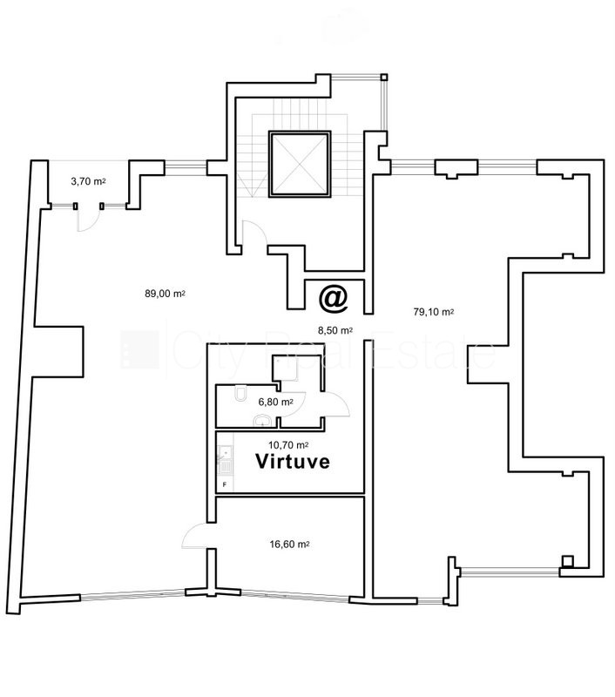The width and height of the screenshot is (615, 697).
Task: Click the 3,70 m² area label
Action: click(x=88, y=181)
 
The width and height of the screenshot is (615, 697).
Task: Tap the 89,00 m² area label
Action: click(x=165, y=294)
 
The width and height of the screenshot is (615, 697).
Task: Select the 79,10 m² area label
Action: click(x=433, y=312)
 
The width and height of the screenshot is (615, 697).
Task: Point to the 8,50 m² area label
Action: click(x=335, y=330)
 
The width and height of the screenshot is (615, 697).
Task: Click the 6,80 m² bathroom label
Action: click(x=275, y=403)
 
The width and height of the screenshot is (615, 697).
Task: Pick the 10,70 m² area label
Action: click(x=288, y=445)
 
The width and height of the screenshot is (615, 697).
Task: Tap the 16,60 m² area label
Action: click(x=289, y=544)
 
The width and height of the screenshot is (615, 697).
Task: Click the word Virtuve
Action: click(x=293, y=462)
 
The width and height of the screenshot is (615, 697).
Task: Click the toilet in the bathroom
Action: click(x=240, y=394)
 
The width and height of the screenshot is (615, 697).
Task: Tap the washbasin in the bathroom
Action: click(x=261, y=421)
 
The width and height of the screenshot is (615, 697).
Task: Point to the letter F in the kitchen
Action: click(x=225, y=484)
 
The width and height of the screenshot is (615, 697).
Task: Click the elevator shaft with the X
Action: click(x=300, y=164)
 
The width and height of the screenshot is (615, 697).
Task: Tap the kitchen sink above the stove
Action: click(x=226, y=453)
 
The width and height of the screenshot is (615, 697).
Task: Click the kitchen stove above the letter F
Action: click(x=226, y=467)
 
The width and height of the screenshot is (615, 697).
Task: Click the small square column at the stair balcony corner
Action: click(x=384, y=78)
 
